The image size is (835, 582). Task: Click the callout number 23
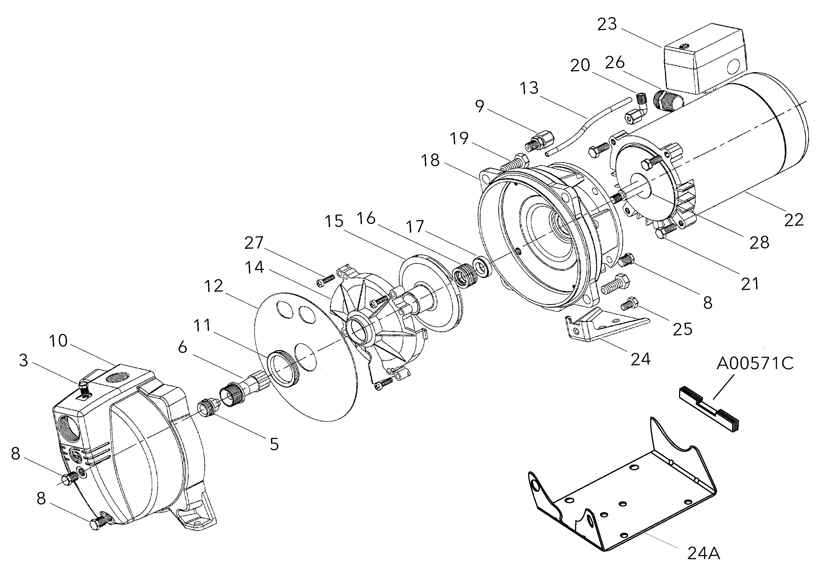pyautogui.click(x=607, y=24)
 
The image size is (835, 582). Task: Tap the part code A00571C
pyautogui.click(x=755, y=363)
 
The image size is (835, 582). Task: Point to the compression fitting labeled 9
pyautogui.click(x=537, y=142)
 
